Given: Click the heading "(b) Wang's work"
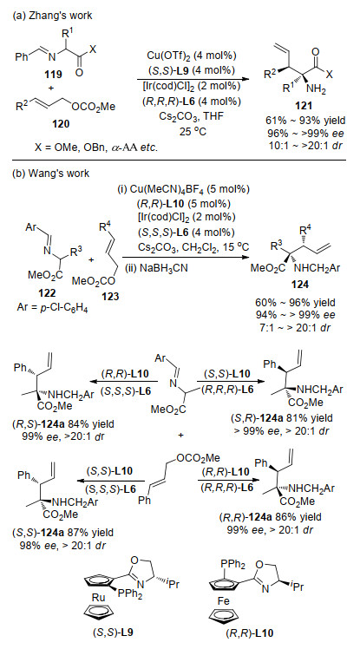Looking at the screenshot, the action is [51, 173].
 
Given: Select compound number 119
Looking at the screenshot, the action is [55, 75].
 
